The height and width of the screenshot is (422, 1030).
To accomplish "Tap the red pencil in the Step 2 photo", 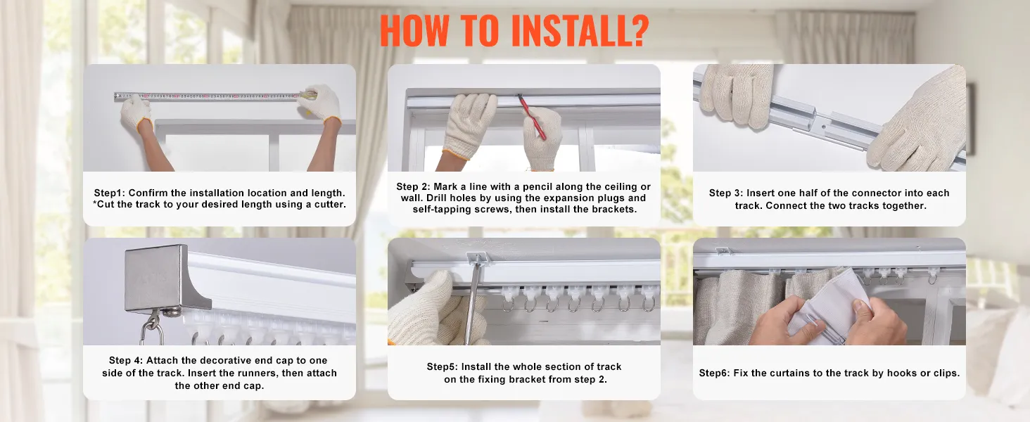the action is (x=533, y=117).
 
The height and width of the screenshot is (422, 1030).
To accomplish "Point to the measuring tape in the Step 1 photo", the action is (x=215, y=96).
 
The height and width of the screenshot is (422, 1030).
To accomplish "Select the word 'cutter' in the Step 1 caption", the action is (x=329, y=204).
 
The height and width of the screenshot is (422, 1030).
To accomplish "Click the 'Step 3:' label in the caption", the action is (x=726, y=193).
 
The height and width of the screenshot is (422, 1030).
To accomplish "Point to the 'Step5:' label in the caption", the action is (x=443, y=367).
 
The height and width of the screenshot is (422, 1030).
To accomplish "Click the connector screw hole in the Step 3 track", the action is (x=823, y=127).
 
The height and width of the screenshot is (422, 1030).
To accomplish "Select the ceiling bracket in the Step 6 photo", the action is (x=723, y=250).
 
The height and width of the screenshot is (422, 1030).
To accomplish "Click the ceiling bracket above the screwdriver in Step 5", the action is (x=477, y=258).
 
